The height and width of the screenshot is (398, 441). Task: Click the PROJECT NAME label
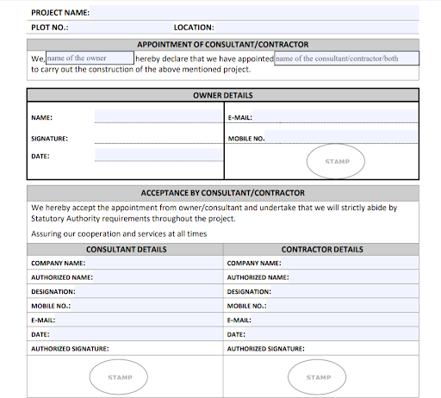pos(60,13)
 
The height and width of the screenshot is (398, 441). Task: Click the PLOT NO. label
pos(49,28)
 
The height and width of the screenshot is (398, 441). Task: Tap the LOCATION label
pos(194,28)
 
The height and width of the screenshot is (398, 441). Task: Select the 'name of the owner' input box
pos(90,58)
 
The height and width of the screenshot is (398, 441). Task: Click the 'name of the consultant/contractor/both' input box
pos(346,59)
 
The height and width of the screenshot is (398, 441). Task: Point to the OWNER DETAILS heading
pos(222,96)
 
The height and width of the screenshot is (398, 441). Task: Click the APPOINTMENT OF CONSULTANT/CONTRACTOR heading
pos(222,44)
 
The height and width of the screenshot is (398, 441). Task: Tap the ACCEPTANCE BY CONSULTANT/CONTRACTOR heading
pos(222,193)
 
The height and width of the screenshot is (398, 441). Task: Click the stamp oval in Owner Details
pos(336,161)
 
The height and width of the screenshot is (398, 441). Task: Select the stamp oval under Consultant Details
pos(120,376)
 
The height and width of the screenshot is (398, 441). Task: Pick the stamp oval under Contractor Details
pos(319,376)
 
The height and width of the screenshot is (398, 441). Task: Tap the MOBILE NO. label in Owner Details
pos(246,138)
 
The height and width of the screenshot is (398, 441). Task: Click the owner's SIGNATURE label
pos(49,138)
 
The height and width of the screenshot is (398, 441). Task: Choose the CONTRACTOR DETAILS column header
pos(322,249)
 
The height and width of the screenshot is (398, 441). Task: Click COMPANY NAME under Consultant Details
pos(58,263)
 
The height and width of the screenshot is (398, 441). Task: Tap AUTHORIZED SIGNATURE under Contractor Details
pos(265,348)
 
